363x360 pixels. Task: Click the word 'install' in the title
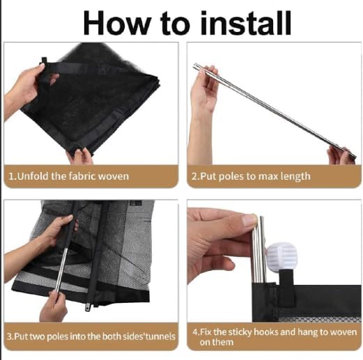(245, 23)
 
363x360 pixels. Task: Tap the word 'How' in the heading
(116, 23)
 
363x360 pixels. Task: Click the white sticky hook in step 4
(281, 256)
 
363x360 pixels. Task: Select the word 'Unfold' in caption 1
(33, 176)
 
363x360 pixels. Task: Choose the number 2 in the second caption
(194, 176)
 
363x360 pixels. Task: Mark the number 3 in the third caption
(9, 336)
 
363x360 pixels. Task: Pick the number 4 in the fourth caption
(195, 332)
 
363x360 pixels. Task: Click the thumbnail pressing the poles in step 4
(249, 220)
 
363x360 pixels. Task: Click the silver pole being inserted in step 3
(61, 270)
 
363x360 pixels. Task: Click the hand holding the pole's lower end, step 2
(341, 156)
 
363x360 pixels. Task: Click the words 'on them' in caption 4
(216, 343)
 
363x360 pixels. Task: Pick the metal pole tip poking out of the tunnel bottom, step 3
(88, 306)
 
